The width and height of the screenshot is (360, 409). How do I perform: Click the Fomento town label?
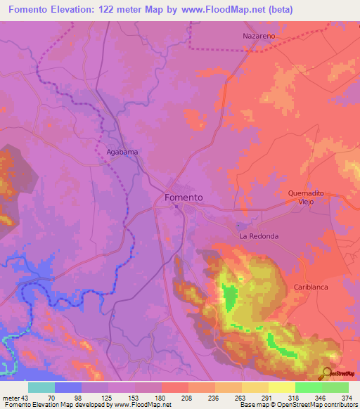[x=184, y=197]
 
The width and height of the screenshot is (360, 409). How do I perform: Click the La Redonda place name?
[x=259, y=236]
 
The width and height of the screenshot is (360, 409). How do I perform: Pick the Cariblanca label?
[x=311, y=287]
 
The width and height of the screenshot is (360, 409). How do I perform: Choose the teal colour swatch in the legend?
[x=41, y=387]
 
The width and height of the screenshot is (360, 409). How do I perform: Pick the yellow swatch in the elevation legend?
[x=281, y=387]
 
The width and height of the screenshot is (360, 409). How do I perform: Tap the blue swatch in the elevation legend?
[x=68, y=387]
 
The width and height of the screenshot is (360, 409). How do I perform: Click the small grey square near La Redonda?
[x=240, y=226]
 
